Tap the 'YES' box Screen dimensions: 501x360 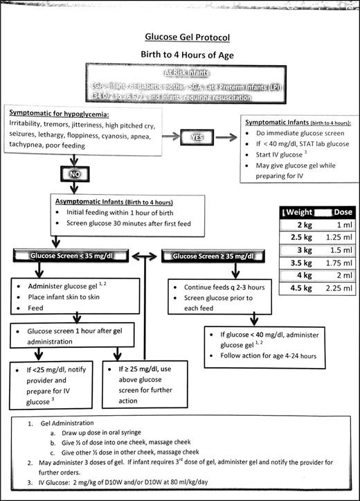194,137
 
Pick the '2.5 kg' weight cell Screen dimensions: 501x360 298,240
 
